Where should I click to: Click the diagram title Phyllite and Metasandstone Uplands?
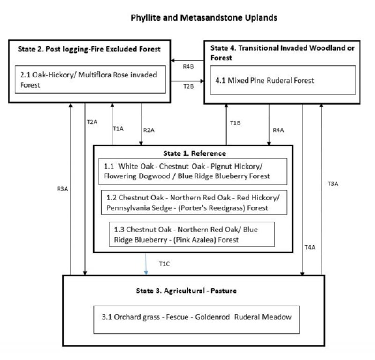point(203,18)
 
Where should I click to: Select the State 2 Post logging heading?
point(89,48)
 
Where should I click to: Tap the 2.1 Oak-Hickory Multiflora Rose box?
point(87,80)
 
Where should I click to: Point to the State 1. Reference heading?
point(194,153)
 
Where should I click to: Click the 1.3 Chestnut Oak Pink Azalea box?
point(191,234)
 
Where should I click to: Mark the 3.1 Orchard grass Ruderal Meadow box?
point(194,317)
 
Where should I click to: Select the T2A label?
point(92,122)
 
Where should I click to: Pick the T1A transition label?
point(119,129)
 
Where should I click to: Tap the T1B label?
point(235,123)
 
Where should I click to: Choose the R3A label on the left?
point(61,190)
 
